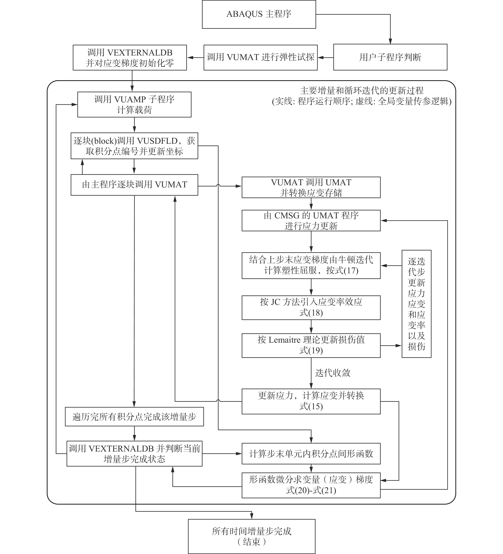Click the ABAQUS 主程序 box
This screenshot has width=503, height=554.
click(x=259, y=14)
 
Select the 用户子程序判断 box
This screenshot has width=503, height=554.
click(x=390, y=57)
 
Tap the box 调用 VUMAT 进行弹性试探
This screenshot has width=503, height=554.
click(x=260, y=57)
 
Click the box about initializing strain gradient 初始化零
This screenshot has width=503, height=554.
click(x=130, y=57)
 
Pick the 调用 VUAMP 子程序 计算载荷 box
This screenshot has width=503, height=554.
click(x=134, y=104)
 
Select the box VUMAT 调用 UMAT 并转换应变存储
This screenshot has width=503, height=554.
click(x=311, y=187)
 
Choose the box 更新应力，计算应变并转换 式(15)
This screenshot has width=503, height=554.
click(x=311, y=401)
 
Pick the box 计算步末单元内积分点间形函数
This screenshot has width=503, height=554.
click(x=311, y=454)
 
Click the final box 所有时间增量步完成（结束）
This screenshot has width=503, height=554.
click(x=252, y=536)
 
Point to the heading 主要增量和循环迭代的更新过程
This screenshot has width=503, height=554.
click(x=362, y=90)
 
